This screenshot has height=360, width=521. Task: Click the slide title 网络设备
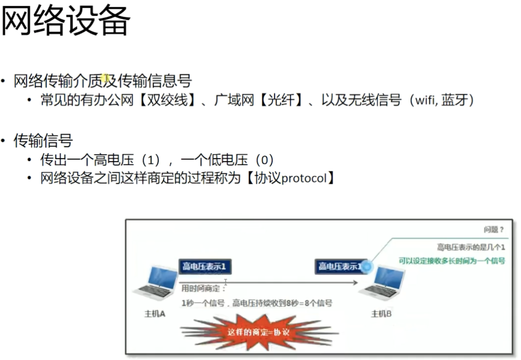66,21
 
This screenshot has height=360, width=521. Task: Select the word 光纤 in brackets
281,100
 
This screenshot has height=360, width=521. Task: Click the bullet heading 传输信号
43,140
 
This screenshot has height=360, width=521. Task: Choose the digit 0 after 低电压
264,160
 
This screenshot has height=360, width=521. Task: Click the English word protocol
304,178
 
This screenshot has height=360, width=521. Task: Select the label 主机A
155,314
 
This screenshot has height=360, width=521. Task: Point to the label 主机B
381,314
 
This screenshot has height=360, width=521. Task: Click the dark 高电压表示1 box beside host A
205,266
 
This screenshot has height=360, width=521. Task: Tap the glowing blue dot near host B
367,267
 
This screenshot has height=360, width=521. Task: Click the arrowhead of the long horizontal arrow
355,282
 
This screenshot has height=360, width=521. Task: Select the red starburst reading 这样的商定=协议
259,332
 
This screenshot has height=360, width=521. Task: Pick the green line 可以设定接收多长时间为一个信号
452,261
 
